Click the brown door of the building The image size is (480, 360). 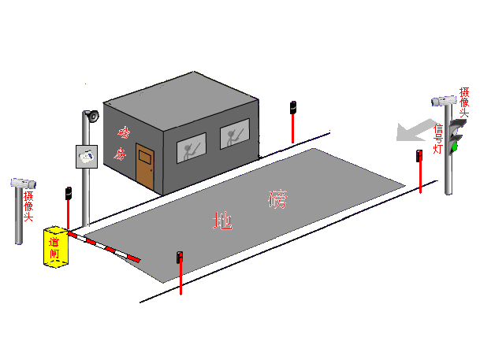pyautogui.click(x=145, y=165)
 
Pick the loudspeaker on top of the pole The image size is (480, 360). pyautogui.click(x=91, y=116)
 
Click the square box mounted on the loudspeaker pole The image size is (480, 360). pyautogui.click(x=86, y=156)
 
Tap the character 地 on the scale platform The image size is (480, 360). pyautogui.click(x=222, y=221)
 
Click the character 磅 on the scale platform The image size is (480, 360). pyautogui.click(x=278, y=199)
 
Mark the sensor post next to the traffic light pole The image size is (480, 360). pyautogui.click(x=419, y=169)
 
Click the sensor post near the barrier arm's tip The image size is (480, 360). pyautogui.click(x=180, y=272)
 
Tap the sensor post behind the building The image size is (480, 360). pyautogui.click(x=292, y=121)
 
